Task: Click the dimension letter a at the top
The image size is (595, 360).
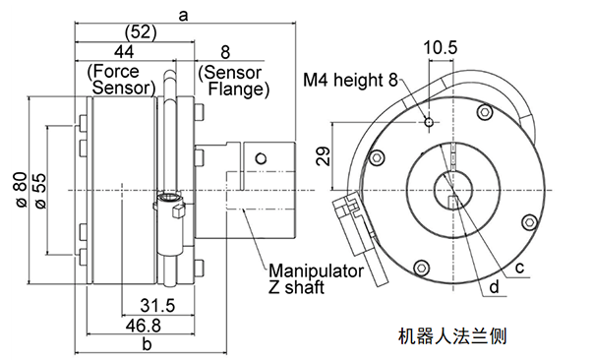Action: (x=183, y=16)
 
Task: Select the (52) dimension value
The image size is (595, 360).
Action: (x=141, y=32)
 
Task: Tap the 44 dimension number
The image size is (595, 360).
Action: (x=124, y=51)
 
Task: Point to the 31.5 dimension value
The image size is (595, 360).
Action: (x=157, y=306)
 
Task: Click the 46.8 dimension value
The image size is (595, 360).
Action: (x=144, y=326)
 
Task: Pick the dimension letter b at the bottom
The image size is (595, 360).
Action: (x=147, y=344)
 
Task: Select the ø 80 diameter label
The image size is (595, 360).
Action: (x=22, y=190)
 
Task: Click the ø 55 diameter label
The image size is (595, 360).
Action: (x=40, y=191)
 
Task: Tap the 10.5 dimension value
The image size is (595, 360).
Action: (x=441, y=48)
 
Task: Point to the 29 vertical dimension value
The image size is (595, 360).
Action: (x=324, y=156)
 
